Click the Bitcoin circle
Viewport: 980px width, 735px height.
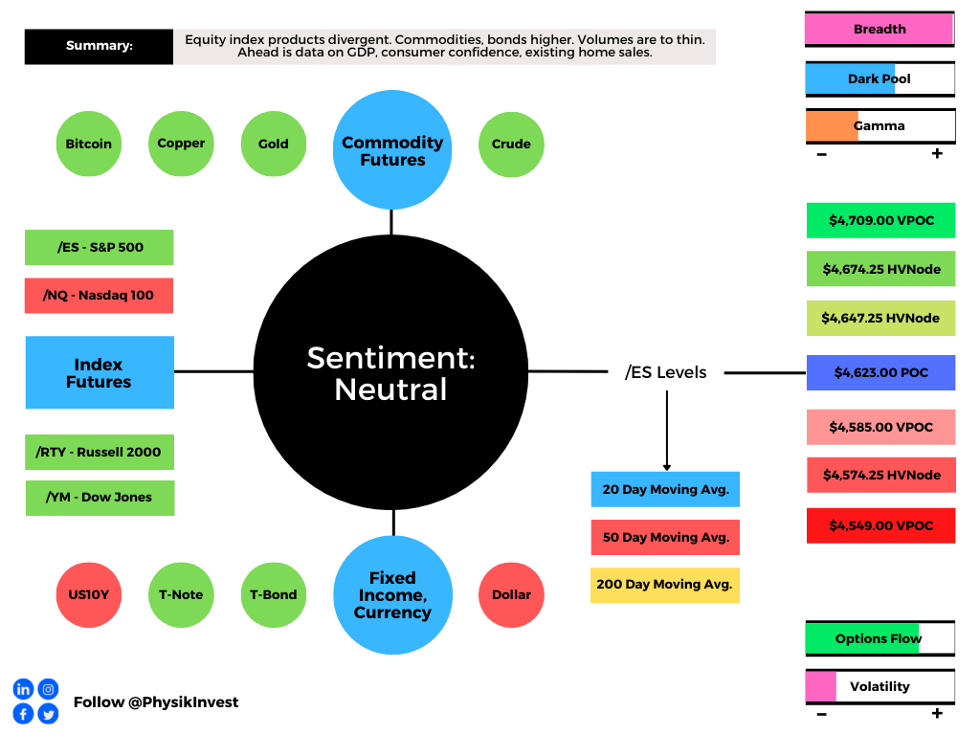click(89, 144)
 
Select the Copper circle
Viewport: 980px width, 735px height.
click(181, 144)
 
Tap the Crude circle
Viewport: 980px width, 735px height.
click(511, 145)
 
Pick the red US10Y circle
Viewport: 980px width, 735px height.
click(89, 595)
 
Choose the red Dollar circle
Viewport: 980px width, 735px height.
click(511, 595)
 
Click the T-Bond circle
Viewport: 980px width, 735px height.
click(274, 595)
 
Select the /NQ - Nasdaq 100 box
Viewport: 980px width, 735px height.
click(99, 296)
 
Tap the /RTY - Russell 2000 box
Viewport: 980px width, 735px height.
click(100, 452)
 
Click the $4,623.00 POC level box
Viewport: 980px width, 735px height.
click(880, 372)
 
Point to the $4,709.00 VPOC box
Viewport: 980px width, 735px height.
click(880, 220)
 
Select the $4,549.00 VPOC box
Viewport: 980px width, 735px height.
click(880, 525)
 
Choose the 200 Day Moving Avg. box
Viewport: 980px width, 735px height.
click(665, 585)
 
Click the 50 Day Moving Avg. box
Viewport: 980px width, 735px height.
click(665, 538)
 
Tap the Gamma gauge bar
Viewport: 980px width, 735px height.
click(880, 126)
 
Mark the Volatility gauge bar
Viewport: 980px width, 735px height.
click(880, 687)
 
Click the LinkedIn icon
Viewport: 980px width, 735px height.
click(23, 689)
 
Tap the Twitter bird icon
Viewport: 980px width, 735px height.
click(48, 714)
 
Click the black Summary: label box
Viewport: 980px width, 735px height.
click(99, 46)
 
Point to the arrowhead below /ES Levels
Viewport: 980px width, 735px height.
click(667, 467)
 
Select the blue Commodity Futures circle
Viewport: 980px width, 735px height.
click(392, 150)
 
